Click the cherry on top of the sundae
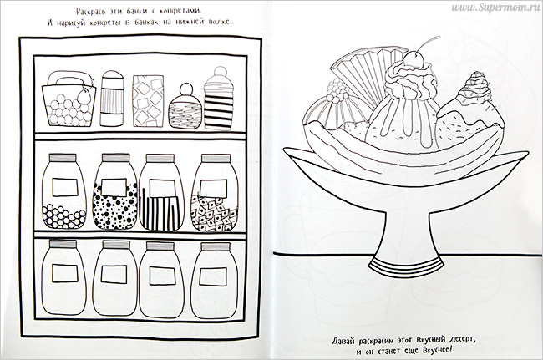[x=414, y=60]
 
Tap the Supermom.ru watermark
[x=495, y=8]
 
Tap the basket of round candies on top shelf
[x=69, y=99]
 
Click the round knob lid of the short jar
[x=185, y=89]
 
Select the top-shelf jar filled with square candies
[x=148, y=100]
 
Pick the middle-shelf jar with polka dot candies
[x=115, y=191]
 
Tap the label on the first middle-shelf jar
[x=65, y=187]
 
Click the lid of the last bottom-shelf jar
[x=216, y=246]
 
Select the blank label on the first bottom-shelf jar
[x=65, y=273]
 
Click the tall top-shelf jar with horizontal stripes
[x=219, y=99]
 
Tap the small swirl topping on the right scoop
[x=474, y=88]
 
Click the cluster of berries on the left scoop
[x=336, y=90]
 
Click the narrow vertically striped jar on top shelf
[x=112, y=99]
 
